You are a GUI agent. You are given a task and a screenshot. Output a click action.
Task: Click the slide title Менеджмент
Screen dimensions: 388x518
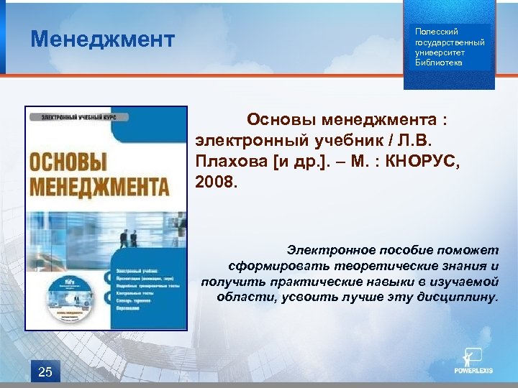pyautogui.click(x=102, y=39)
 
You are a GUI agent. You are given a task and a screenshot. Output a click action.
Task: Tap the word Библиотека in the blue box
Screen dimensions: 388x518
pyautogui.click(x=439, y=63)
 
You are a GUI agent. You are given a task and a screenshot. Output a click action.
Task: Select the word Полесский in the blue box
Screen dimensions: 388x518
pyautogui.click(x=432, y=32)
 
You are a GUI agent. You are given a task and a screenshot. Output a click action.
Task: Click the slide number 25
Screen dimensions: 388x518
pyautogui.click(x=45, y=371)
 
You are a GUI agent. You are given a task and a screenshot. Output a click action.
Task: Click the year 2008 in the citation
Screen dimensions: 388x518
pyautogui.click(x=213, y=183)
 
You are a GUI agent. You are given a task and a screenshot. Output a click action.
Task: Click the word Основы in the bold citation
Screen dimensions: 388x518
pyautogui.click(x=281, y=118)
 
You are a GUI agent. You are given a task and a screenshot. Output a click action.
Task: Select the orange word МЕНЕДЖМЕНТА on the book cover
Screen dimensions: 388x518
pyautogui.click(x=99, y=186)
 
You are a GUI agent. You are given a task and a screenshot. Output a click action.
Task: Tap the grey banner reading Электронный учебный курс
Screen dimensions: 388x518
pyautogui.click(x=78, y=116)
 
